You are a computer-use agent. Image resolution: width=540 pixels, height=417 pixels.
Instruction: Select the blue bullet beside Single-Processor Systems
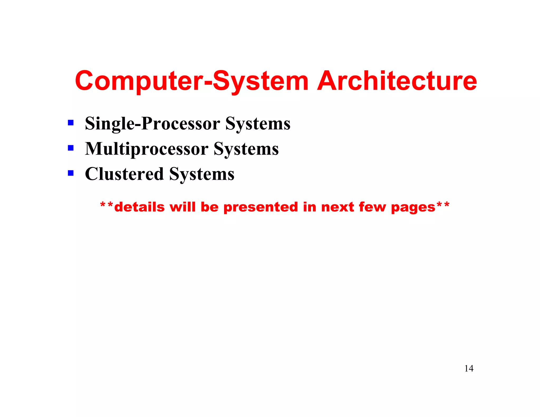(71, 123)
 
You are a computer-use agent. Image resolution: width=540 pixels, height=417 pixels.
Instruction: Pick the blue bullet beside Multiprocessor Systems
(71, 148)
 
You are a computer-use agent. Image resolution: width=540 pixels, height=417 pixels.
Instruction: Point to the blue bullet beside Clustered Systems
(71, 173)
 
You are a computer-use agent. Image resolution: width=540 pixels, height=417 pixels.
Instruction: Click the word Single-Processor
(152, 123)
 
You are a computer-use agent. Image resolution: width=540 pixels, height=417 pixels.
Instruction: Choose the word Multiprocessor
(147, 149)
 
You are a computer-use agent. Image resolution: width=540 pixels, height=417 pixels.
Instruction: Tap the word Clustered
(124, 174)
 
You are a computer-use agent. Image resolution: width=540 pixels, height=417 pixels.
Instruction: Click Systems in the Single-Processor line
(258, 123)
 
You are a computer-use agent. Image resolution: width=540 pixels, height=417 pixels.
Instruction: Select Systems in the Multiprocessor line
(246, 149)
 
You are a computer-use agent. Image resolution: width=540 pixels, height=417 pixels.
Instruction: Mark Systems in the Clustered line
(202, 174)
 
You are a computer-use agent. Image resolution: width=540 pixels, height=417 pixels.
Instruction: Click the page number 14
(469, 368)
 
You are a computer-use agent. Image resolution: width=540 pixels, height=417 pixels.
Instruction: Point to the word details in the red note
(139, 207)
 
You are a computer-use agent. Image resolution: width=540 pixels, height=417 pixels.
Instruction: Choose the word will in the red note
(182, 207)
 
